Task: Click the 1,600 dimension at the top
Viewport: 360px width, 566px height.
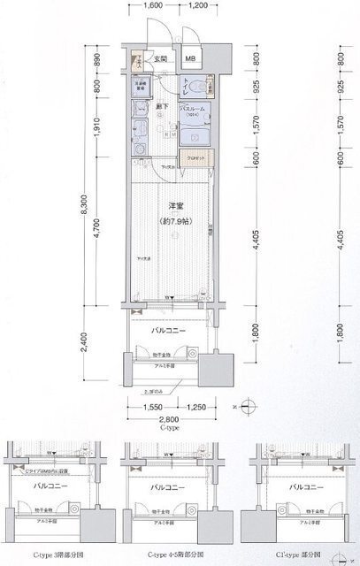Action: pyautogui.click(x=152, y=5)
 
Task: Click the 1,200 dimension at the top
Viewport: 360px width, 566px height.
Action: pyautogui.click(x=198, y=5)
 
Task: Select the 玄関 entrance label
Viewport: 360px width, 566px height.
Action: pyautogui.click(x=159, y=59)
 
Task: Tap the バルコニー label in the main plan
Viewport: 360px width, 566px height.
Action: pyautogui.click(x=167, y=329)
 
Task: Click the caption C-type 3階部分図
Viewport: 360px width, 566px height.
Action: pyautogui.click(x=57, y=555)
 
